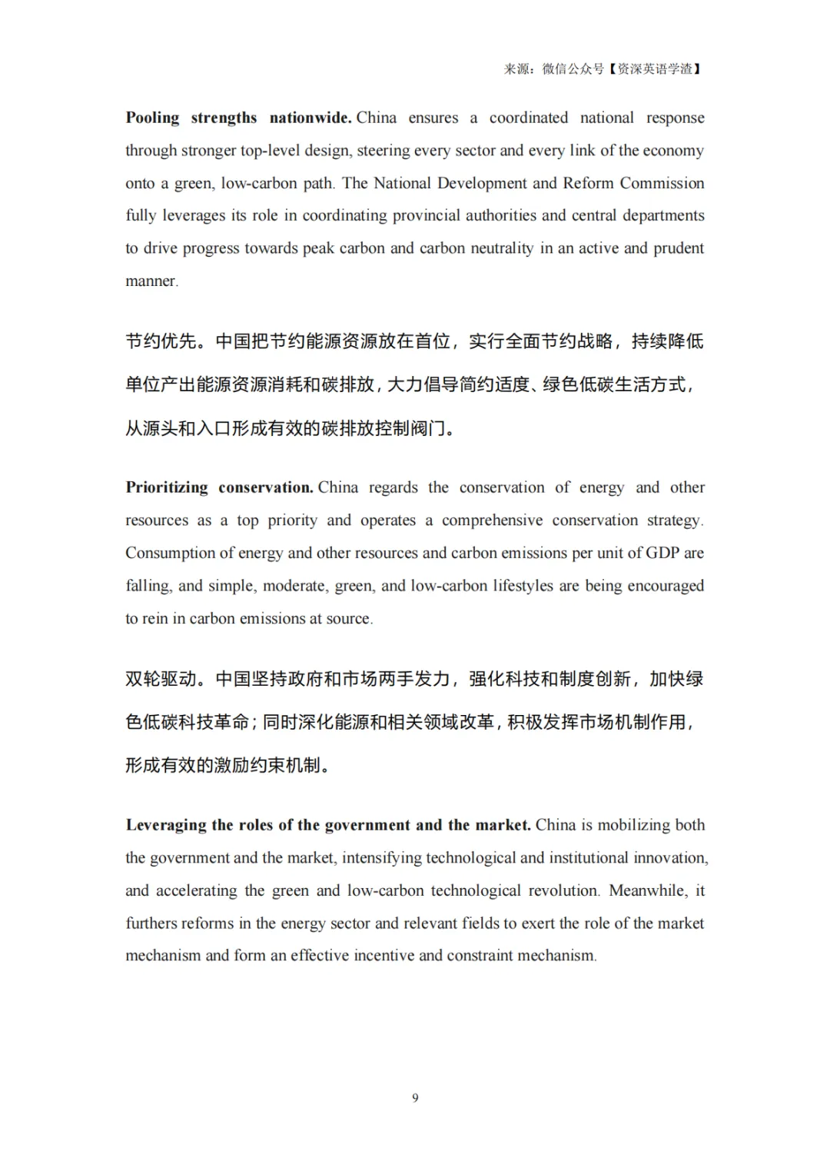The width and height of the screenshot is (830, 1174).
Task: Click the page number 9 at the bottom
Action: point(415,1098)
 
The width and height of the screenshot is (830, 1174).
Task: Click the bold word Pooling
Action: point(152,118)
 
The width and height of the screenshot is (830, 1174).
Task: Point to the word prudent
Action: point(679,248)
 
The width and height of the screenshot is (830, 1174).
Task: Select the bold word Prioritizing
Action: point(167,487)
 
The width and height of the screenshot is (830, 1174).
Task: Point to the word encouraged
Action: point(666,586)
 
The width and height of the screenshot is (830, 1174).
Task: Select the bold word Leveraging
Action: point(166,826)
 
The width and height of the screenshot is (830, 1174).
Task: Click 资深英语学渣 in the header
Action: point(655,69)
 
